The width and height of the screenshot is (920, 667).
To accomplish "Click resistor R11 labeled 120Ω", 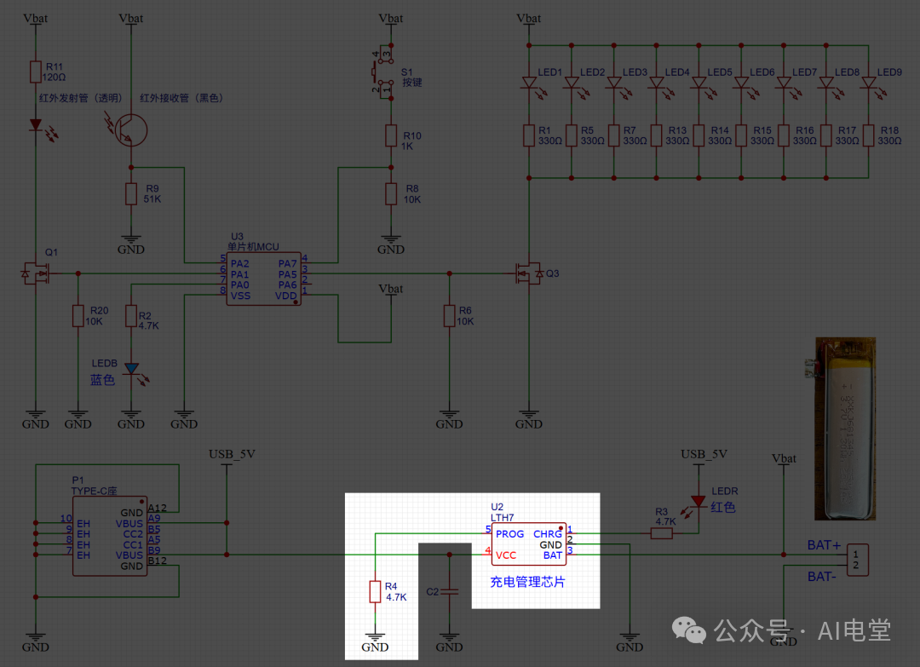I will (x=35, y=72).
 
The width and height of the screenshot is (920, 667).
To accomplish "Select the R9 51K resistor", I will (x=130, y=194).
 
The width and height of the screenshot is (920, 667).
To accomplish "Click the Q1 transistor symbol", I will (x=36, y=274).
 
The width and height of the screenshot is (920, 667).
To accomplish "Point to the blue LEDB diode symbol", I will (x=131, y=369).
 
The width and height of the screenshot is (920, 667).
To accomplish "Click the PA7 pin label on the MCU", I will (x=287, y=262).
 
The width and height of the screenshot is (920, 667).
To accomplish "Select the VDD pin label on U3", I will (x=286, y=296).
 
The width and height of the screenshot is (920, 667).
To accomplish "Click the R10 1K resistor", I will (x=390, y=135).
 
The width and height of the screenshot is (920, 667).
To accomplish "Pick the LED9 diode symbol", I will (x=869, y=83).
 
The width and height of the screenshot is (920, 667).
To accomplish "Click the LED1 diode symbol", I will (x=529, y=83).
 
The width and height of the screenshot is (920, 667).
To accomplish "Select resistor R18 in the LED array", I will (x=869, y=135).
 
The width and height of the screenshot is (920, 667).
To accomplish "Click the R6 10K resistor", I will (x=449, y=316).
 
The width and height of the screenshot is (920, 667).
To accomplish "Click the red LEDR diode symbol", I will (x=698, y=501).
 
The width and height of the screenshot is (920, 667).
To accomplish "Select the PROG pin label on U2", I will (x=510, y=534).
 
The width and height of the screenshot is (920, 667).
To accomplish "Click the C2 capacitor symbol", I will (x=449, y=591).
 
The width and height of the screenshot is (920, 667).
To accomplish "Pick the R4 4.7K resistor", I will (x=375, y=591).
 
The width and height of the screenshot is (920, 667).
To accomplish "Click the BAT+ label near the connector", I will (x=824, y=544).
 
